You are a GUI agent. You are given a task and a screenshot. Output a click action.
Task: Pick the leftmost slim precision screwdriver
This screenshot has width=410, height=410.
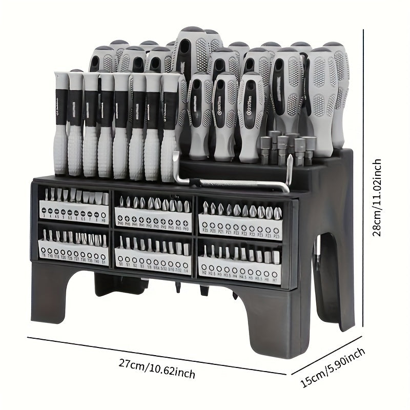click(60, 123)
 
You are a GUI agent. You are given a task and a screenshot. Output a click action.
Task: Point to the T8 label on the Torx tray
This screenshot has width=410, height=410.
click(44, 255)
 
